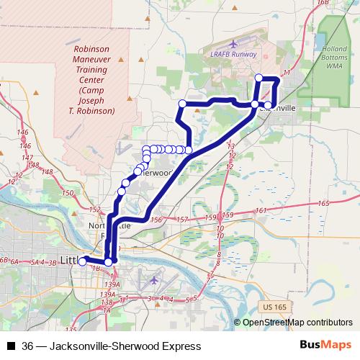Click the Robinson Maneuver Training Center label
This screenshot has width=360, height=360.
pyautogui.click(x=95, y=80)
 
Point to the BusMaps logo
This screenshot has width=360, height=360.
pyautogui.click(x=325, y=346)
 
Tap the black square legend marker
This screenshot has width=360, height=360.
pyautogui.click(x=10, y=346)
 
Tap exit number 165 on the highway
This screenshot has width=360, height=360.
pyautogui.click(x=323, y=204)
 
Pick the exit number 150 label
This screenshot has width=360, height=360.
pyautogui.click(x=68, y=193)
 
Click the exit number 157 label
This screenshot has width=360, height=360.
pyautogui.click(x=182, y=219)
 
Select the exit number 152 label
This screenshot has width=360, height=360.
pyautogui.click(x=94, y=209)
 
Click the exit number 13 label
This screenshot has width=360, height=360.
pyautogui.click(x=231, y=146)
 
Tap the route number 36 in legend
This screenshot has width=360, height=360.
pyautogui.click(x=27, y=346)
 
